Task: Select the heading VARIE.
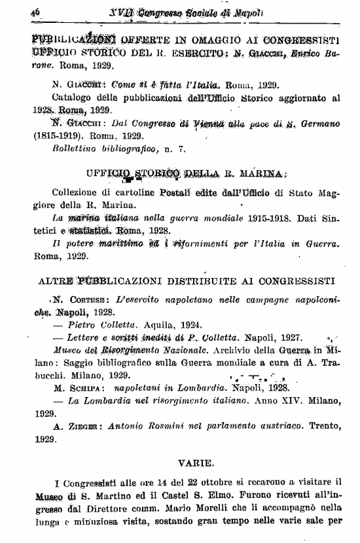pos(195,463)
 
